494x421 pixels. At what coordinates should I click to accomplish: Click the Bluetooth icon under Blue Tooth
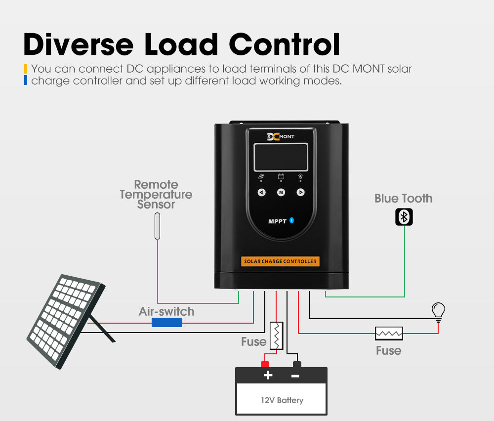pyautogui.click(x=404, y=217)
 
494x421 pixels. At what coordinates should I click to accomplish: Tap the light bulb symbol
pyautogui.click(x=438, y=311)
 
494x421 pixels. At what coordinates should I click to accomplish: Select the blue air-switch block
pyautogui.click(x=167, y=323)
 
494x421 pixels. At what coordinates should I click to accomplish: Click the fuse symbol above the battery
pyautogui.click(x=276, y=336)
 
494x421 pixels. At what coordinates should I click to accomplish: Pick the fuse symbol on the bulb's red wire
pyautogui.click(x=389, y=334)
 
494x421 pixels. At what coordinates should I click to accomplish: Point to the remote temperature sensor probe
pyautogui.click(x=157, y=226)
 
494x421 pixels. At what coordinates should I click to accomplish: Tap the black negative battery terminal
pyautogui.click(x=296, y=365)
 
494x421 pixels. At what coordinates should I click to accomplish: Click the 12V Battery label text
pyautogui.click(x=282, y=400)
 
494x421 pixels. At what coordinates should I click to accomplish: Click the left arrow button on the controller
pyautogui.click(x=262, y=192)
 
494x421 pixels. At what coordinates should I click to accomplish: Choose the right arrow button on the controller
pyautogui.click(x=300, y=192)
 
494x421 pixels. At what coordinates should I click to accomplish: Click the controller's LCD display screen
pyautogui.click(x=281, y=157)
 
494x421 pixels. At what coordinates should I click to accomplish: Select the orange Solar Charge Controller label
pyautogui.click(x=281, y=261)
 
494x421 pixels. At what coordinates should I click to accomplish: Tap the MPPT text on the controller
pyautogui.click(x=277, y=221)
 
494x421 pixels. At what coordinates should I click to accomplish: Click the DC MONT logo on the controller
pyautogui.click(x=280, y=136)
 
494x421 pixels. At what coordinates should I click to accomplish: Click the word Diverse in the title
pyautogui.click(x=78, y=44)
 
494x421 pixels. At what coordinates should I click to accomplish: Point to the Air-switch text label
pyautogui.click(x=166, y=312)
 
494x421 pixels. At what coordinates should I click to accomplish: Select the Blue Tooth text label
pyautogui.click(x=403, y=199)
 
